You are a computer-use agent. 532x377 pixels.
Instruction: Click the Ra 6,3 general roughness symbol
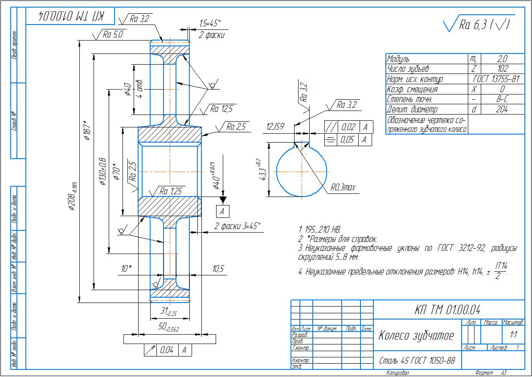pyautogui.click(x=477, y=26)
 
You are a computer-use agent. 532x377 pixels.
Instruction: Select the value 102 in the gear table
pyautogui.click(x=502, y=69)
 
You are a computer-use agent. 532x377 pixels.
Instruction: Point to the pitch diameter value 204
pyautogui.click(x=502, y=109)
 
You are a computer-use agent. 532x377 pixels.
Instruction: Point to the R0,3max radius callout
pyautogui.click(x=343, y=188)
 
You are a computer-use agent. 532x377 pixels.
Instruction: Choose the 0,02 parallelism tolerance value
pyautogui.click(x=348, y=127)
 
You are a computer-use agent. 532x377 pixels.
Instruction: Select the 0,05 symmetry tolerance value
pyautogui.click(x=348, y=140)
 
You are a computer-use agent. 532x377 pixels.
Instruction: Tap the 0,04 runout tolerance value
pyautogui.click(x=167, y=350)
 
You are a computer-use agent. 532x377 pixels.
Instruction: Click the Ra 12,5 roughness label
pyautogui.click(x=221, y=108)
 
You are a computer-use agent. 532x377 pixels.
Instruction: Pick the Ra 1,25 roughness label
pyautogui.click(x=171, y=191)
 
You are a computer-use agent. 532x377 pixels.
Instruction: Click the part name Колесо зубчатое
pyautogui.click(x=416, y=336)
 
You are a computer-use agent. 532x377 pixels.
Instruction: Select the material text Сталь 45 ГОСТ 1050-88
pyautogui.click(x=417, y=360)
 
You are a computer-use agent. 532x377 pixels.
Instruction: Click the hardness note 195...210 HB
pyautogui.click(x=319, y=229)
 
